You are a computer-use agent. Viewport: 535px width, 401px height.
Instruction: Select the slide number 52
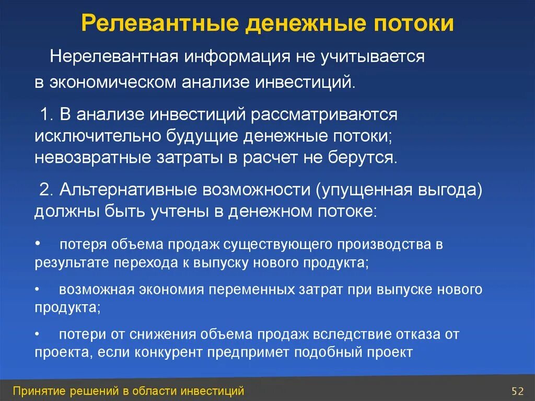tap(517, 391)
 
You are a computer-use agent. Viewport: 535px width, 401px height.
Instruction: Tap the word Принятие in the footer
tap(38, 391)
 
